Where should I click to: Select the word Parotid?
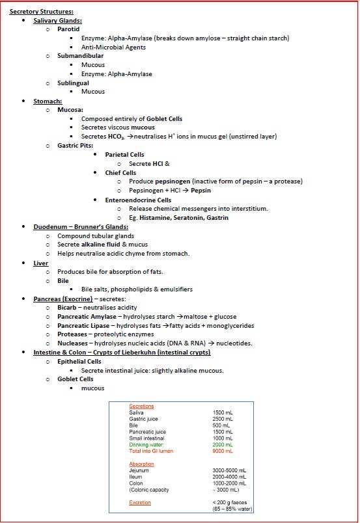point(69,29)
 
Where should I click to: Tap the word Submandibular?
point(80,56)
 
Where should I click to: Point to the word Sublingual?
point(73,83)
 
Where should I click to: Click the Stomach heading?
point(48,101)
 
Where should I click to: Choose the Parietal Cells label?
point(124,154)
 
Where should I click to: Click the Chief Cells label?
point(120,172)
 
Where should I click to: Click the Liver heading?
point(41,263)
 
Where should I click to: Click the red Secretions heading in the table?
point(141,406)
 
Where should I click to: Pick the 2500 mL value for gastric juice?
point(222,419)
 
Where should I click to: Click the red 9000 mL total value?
point(222,451)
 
